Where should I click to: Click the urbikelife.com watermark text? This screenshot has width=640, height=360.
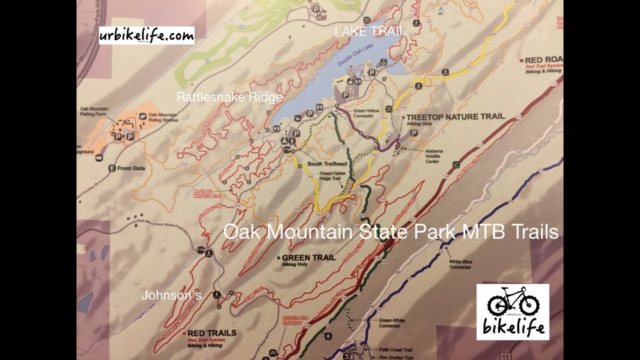[x=146, y=35]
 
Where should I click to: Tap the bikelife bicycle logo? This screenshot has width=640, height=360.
[x=512, y=312]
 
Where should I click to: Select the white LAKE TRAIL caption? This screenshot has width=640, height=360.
[x=369, y=32]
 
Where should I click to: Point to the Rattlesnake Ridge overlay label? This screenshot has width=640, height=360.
[x=229, y=97]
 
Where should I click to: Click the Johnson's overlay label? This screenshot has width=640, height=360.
[x=171, y=295]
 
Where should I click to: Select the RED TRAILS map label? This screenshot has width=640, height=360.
[x=212, y=332]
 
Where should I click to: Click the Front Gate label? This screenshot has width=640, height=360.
[x=132, y=168]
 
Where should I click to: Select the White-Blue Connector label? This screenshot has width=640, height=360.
[x=460, y=264]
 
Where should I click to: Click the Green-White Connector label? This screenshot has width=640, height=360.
[x=389, y=323]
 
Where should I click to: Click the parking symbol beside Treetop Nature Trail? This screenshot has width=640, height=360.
[x=414, y=133]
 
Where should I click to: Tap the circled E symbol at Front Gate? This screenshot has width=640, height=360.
[x=112, y=168]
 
